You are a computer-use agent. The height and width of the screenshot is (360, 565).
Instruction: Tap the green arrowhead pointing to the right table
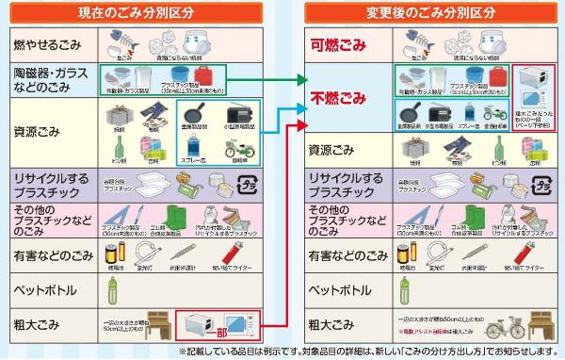tap(302, 81)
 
